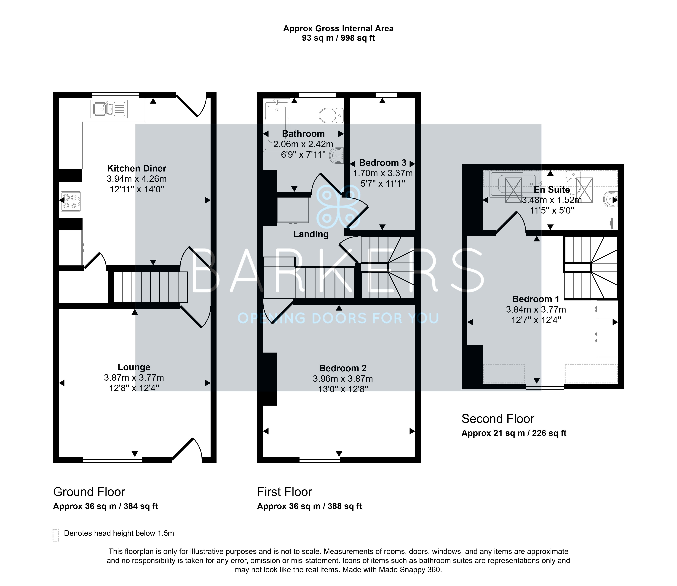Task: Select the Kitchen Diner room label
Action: [x=137, y=168]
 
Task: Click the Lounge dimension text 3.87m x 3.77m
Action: [x=134, y=378]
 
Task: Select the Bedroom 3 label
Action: [x=383, y=163]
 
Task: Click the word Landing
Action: [x=311, y=234]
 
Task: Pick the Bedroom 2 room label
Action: [x=343, y=368]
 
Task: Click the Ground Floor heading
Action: [x=89, y=492]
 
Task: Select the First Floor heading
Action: [x=285, y=492]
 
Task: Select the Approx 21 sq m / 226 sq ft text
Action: [x=514, y=433]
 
